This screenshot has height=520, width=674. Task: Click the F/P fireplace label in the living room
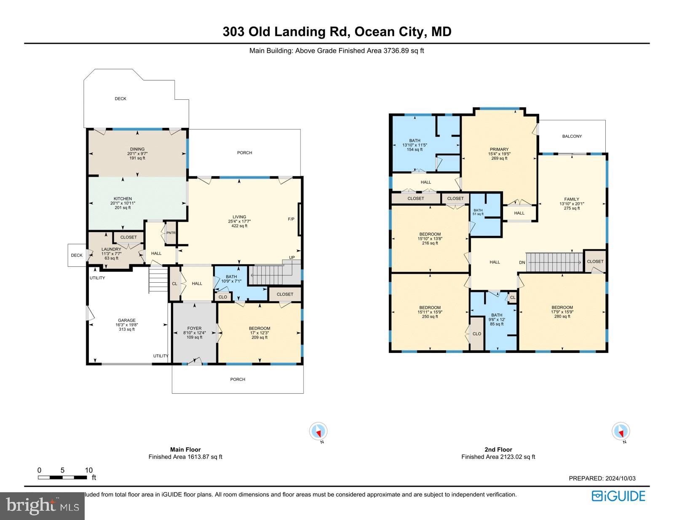point(291,219)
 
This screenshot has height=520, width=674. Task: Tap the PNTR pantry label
point(171,233)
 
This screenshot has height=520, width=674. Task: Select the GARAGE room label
point(126,320)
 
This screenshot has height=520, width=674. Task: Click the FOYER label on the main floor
point(194,328)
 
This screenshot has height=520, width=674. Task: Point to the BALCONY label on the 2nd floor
point(572,136)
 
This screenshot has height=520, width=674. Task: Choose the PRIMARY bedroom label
point(499,149)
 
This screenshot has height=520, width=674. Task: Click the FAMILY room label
point(572,199)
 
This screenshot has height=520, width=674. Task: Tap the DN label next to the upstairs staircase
point(522,263)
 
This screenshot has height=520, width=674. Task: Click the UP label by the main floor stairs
point(292,257)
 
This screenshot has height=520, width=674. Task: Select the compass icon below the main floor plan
point(318,432)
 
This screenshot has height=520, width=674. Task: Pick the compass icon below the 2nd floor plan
point(621,432)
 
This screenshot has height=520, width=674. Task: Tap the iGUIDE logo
point(618,496)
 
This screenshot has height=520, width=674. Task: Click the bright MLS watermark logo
point(42,505)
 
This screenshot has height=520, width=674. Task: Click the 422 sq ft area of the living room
point(239,226)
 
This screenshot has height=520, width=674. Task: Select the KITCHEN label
point(123,199)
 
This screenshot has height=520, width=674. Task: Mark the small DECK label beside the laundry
point(77,255)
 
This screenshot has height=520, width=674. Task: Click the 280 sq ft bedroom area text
point(562,316)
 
